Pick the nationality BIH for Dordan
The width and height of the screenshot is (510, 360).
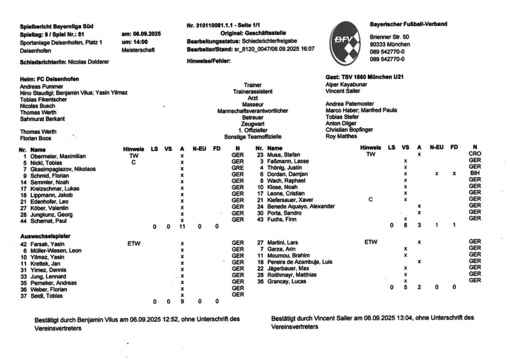(474, 173)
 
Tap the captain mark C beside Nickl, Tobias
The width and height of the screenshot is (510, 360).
(133, 162)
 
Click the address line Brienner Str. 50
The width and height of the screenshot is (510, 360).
(390, 38)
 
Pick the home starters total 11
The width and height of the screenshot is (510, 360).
(182, 226)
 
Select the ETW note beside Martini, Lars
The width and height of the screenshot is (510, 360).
(370, 243)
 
